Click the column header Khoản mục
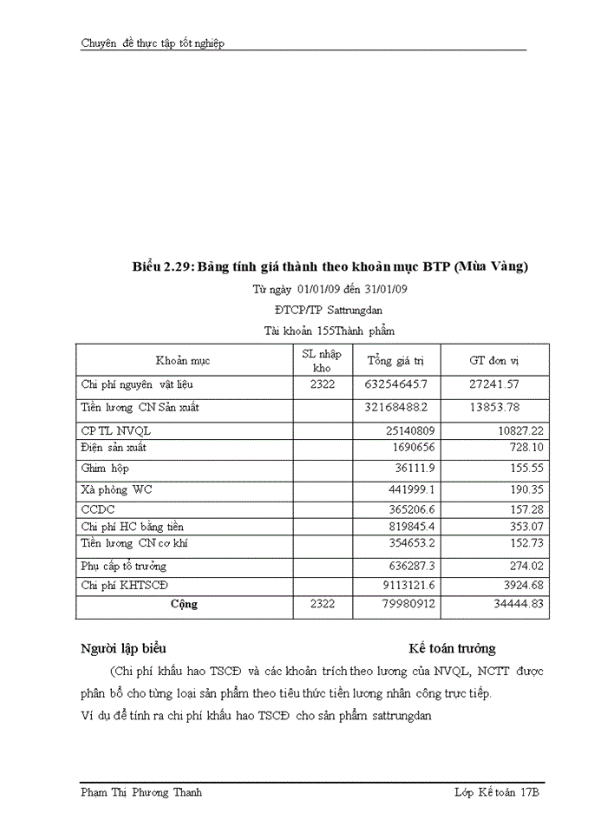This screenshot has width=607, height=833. click(183, 360)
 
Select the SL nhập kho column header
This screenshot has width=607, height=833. click(321, 360)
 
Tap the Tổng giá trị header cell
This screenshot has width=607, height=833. click(397, 360)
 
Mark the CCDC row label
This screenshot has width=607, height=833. click(98, 509)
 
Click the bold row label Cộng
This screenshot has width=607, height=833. click(183, 604)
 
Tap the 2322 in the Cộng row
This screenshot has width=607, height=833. click(322, 604)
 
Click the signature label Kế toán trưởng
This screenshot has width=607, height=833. click(452, 648)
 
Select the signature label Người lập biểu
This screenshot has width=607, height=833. click(123, 648)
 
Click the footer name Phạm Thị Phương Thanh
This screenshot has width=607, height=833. click(141, 793)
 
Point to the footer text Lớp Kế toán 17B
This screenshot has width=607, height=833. click(497, 793)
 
